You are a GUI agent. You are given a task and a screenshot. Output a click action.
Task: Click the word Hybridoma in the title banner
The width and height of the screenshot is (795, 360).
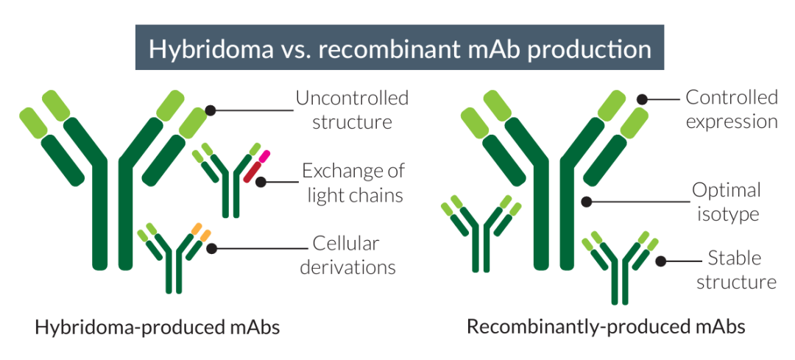point(211,49)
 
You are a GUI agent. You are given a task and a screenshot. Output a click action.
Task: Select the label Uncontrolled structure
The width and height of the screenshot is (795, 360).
point(353,110)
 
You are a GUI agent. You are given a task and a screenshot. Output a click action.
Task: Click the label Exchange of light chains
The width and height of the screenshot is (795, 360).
point(353,183)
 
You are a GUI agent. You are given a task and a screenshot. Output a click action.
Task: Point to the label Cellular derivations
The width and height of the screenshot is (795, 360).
point(347,255)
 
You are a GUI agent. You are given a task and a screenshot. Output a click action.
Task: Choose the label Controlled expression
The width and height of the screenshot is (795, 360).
point(732,110)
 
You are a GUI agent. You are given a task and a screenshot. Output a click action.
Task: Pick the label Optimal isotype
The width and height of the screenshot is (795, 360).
point(727,202)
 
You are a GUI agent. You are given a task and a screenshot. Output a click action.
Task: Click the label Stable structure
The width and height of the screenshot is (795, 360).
point(736,269)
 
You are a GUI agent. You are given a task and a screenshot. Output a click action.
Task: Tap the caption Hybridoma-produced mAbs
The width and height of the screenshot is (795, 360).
point(158,328)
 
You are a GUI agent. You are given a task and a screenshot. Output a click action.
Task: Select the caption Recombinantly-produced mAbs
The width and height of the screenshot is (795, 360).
point(606,328)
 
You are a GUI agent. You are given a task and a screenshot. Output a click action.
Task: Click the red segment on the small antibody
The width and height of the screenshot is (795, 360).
point(252,172)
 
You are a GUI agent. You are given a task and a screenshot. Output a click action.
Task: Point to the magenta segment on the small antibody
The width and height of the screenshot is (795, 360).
point(264,156)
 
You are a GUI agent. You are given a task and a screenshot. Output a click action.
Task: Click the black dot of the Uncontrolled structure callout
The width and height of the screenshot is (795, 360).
point(211,110)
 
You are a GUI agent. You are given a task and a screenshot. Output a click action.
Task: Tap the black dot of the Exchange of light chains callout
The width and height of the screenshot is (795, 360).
point(261,182)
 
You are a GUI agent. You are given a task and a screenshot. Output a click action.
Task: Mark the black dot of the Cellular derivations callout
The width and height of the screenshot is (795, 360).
point(212,248)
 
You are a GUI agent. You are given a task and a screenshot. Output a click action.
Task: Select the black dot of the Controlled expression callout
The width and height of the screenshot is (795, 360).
point(642,99)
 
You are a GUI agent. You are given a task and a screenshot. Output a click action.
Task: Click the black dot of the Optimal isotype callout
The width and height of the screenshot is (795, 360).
point(586,202)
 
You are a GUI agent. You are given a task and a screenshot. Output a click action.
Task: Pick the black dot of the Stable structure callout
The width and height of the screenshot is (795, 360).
point(660,261)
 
